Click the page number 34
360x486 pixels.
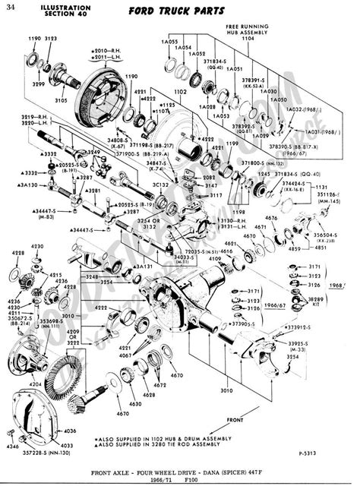[x=10, y=7]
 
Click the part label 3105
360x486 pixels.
[x=60, y=100]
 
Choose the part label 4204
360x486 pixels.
[x=36, y=385]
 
